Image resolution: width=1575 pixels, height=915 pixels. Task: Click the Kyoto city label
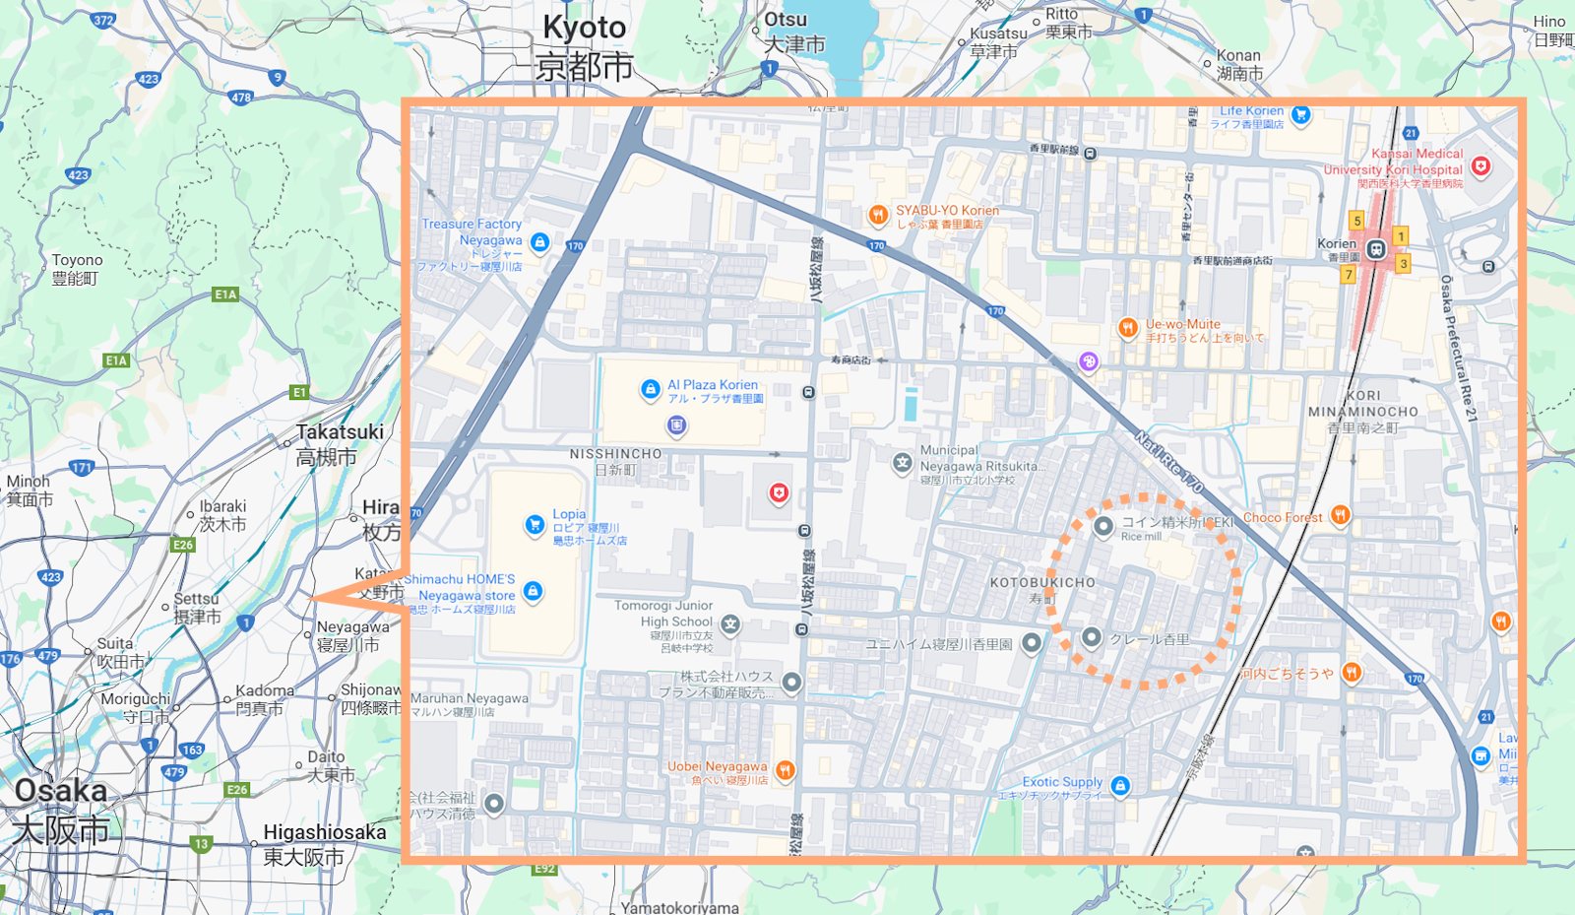click(585, 29)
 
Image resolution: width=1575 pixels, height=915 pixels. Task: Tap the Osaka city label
click(61, 791)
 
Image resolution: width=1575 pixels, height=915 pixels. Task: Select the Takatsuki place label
click(340, 432)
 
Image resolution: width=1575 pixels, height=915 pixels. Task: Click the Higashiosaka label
click(324, 832)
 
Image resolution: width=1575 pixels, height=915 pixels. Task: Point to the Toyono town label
click(77, 261)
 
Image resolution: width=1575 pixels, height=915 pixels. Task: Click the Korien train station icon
click(1376, 249)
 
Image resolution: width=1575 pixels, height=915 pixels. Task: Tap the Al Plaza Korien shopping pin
click(650, 390)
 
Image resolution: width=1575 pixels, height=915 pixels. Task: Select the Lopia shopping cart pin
click(535, 525)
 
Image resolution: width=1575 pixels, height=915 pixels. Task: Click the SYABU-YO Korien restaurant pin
click(877, 215)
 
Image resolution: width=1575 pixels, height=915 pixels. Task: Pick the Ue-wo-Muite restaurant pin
click(1127, 328)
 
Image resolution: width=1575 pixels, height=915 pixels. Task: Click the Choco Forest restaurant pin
click(1340, 514)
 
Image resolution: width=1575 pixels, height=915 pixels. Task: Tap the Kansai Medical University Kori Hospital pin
click(1480, 166)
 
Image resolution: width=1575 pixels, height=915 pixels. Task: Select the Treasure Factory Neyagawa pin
click(539, 241)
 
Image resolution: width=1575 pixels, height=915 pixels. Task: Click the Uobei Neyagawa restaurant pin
click(785, 770)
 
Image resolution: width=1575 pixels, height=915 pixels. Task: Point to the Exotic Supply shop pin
click(1119, 785)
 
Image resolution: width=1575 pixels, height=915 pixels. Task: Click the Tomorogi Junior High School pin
click(729, 623)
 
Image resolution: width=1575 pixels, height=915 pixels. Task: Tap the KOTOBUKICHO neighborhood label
click(1042, 583)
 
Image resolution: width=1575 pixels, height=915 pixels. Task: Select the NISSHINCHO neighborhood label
click(615, 454)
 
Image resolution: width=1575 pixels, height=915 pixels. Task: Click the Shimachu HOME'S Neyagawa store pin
click(533, 591)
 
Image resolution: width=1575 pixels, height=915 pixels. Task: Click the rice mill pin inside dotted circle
click(1103, 526)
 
